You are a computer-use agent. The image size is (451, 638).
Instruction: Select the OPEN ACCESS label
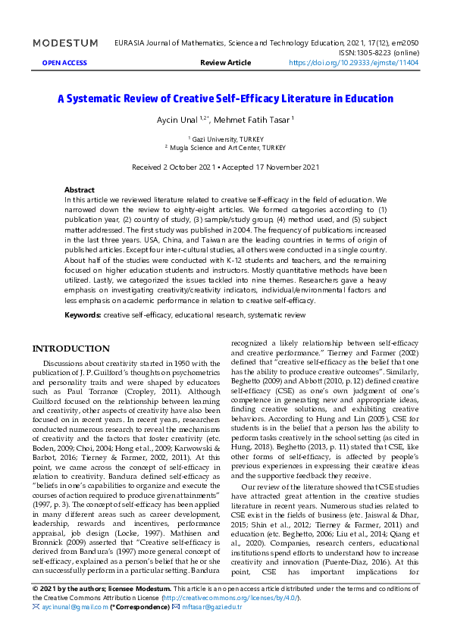pyautogui.click(x=64, y=64)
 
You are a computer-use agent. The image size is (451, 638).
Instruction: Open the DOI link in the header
pyautogui.click(x=353, y=64)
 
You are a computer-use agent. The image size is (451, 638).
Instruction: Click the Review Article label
pyautogui.click(x=224, y=64)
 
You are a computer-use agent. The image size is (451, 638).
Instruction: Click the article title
pyautogui.click(x=225, y=99)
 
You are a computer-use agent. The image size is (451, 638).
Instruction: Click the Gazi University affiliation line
pyautogui.click(x=225, y=139)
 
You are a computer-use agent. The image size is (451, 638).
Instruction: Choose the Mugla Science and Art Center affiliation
pyautogui.click(x=225, y=148)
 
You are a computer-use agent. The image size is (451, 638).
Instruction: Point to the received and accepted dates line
pyautogui.click(x=225, y=167)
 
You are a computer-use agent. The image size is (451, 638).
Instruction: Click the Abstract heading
pyautogui.click(x=80, y=189)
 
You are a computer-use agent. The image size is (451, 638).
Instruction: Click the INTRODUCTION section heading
pyautogui.click(x=70, y=349)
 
